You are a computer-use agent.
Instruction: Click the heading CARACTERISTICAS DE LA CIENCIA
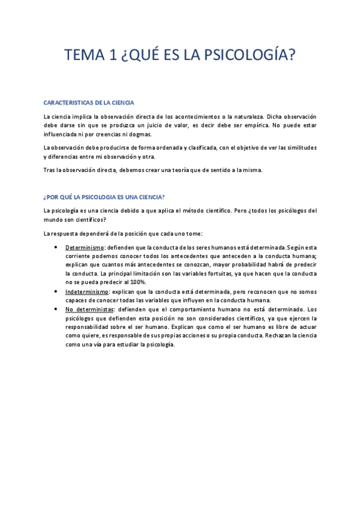tap(89, 103)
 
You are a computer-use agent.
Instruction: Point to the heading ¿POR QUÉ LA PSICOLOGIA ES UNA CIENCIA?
tap(104, 197)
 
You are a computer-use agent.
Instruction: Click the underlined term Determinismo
tap(84, 247)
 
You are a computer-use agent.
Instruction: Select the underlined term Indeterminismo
tap(87, 291)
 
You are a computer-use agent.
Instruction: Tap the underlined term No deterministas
tap(89, 309)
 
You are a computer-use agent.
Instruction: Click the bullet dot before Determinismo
tap(55, 247)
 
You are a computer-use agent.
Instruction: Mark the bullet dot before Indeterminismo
tap(55, 291)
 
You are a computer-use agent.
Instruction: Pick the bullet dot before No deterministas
tap(55, 309)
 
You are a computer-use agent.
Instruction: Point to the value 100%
tap(137, 282)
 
